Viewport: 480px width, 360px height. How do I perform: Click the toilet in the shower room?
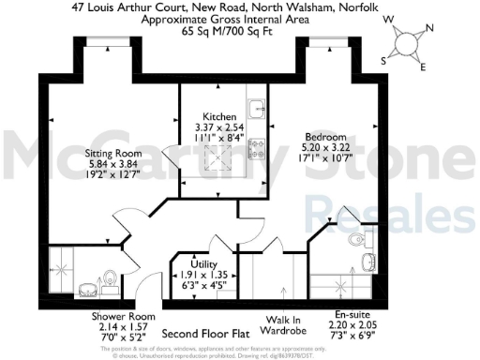111,278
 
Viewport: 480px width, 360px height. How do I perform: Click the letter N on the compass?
430,26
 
